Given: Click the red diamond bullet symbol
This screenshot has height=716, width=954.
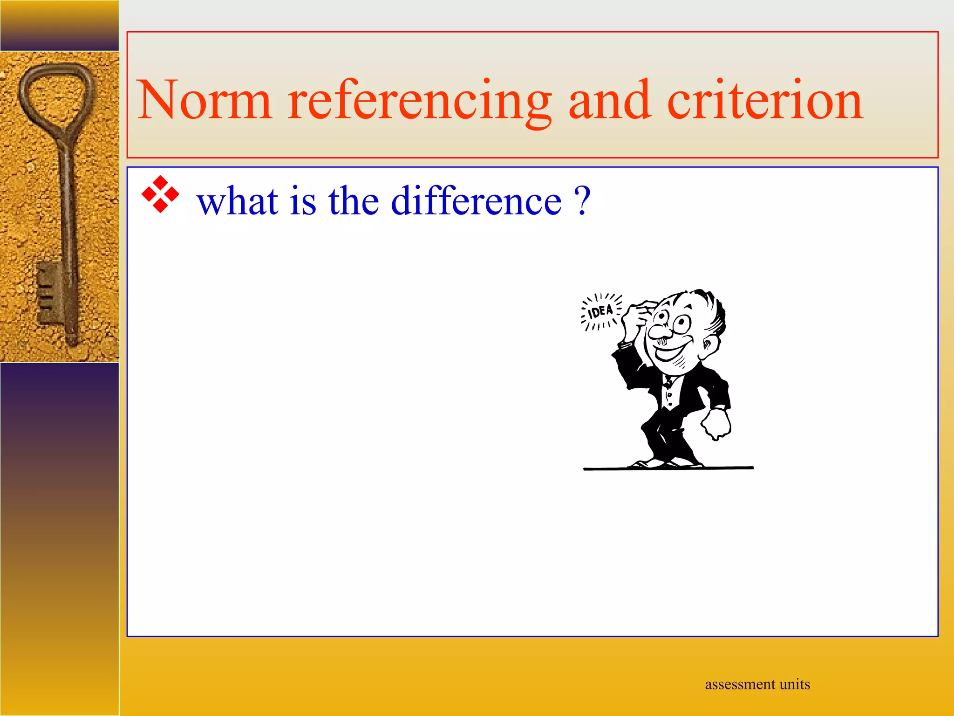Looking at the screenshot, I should pos(160,194).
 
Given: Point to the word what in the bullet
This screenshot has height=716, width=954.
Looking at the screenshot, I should pos(238,201).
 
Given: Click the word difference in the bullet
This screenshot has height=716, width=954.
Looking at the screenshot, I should pos(476,201).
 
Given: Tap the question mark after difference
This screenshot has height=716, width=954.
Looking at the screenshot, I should pos(582,201).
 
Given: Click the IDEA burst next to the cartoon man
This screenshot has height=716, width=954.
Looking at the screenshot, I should pos(601,311).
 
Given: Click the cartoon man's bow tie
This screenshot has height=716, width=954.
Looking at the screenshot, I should pos(669,383).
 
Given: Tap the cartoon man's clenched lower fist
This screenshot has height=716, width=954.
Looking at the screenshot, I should pos(715,424).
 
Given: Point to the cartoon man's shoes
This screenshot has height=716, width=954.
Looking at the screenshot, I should pos(666,463).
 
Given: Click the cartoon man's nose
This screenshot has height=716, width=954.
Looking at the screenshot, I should pos(660,332).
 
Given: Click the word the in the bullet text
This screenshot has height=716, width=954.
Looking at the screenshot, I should pos(354,201).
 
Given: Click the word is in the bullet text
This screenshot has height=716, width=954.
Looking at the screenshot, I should pos(303,201).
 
